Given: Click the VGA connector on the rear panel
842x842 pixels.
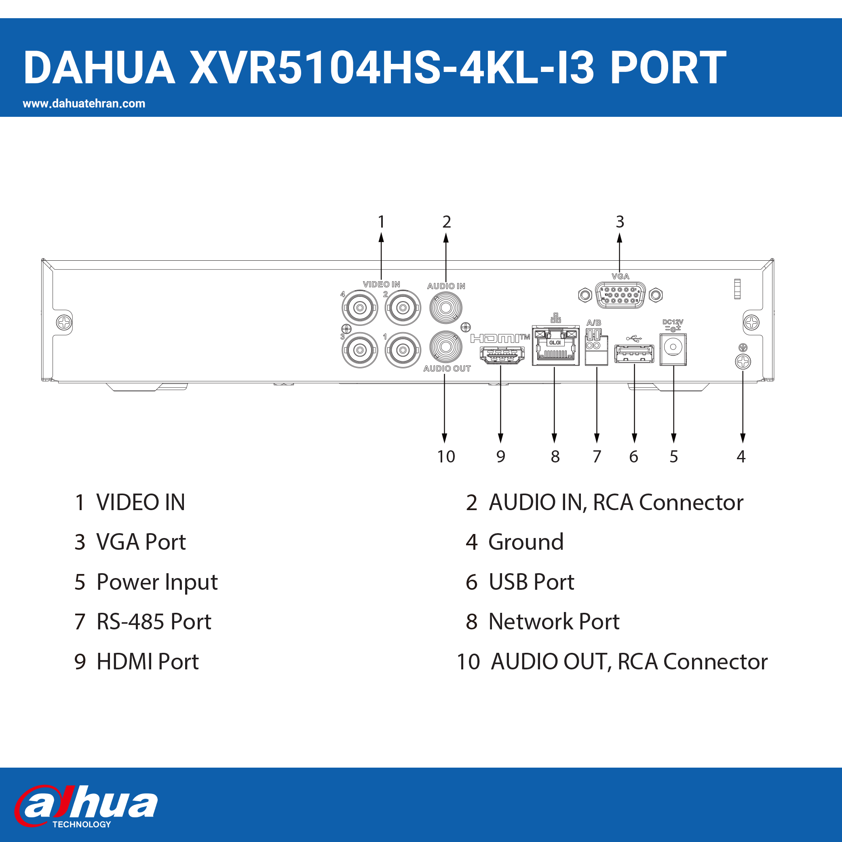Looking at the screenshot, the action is (x=620, y=295).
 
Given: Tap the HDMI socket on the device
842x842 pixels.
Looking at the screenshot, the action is (x=502, y=355).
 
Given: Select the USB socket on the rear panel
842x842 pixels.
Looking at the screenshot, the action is (x=634, y=353).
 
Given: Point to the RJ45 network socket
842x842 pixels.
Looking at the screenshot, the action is (x=555, y=345).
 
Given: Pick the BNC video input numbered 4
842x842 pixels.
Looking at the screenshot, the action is (x=359, y=308).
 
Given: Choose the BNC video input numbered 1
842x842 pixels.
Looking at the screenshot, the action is (x=403, y=350).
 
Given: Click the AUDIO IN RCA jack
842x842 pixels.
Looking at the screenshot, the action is (x=445, y=308).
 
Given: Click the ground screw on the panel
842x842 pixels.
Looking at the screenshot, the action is (x=743, y=362).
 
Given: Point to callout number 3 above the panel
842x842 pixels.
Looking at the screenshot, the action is (x=620, y=222).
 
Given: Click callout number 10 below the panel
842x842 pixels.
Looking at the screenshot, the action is (x=446, y=456).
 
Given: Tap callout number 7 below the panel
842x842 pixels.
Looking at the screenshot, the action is (x=597, y=456).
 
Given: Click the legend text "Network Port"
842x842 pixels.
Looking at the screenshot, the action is (x=554, y=621).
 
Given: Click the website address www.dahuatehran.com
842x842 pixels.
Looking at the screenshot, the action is (x=84, y=104).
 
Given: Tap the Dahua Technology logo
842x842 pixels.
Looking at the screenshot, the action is (x=86, y=806).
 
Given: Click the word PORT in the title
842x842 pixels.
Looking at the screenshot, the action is (x=668, y=68).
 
